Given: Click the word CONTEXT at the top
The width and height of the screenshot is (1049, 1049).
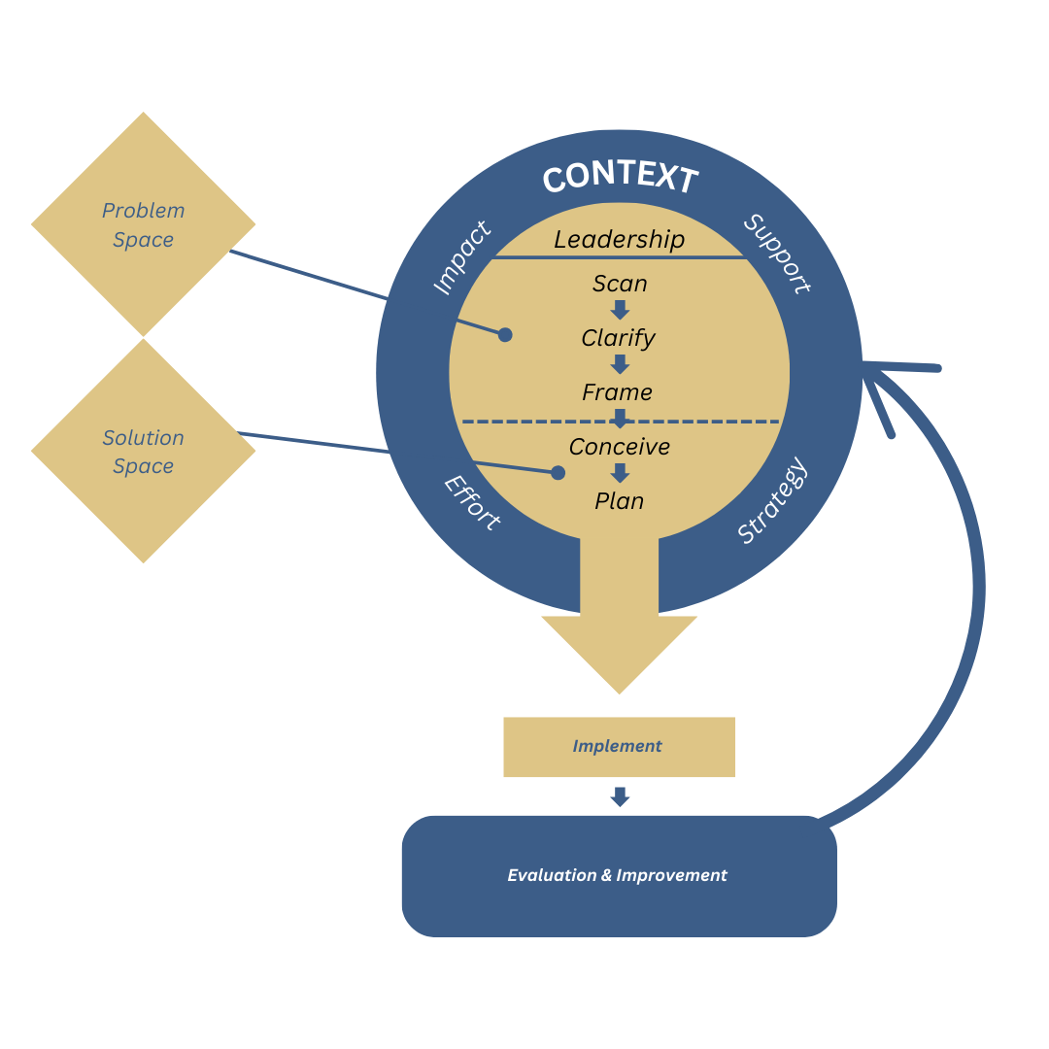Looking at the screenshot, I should point(620,178).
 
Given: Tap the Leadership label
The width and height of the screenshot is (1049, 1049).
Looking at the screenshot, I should point(620,239).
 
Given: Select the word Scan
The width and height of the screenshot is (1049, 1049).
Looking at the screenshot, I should point(620,284).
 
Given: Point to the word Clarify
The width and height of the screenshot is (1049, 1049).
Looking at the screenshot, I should point(619,338).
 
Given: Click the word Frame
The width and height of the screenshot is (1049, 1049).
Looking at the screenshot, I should point(618,392).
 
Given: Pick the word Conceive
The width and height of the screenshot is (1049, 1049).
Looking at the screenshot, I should point(620,447).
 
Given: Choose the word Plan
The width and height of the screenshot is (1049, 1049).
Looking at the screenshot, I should point(620,501).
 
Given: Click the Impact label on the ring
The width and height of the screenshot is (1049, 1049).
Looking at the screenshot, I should point(461,258).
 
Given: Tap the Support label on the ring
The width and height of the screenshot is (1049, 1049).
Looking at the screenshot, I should point(777,254).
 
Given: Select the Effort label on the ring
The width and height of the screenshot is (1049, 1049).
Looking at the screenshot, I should point(472,502).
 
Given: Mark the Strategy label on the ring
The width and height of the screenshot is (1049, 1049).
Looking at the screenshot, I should point(772,501).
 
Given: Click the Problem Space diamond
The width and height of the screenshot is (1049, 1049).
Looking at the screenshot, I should point(143,224).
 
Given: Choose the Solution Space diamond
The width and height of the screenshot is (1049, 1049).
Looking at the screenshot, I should point(143,452).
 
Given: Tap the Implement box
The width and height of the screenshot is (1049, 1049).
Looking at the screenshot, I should point(619,747).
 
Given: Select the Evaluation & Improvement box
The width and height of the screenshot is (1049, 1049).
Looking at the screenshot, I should point(619,875).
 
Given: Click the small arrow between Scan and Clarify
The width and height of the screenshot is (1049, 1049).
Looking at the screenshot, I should point(620,310).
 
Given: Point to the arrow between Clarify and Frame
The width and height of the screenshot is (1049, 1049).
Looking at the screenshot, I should point(620,364).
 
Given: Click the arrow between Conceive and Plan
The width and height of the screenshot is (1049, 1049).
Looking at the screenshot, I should point(620,473).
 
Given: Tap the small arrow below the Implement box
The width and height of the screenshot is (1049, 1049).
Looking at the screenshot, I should point(620,796).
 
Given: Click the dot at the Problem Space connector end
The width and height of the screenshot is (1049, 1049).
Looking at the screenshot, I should point(505,334).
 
